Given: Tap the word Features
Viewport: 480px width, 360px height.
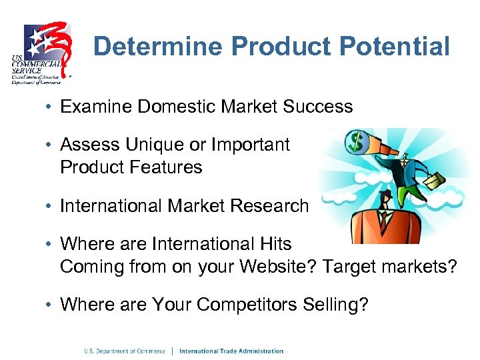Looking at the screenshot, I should (x=168, y=167).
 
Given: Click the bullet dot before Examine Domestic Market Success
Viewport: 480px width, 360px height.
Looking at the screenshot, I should (x=50, y=107).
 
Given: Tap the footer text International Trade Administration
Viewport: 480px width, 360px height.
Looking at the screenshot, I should (x=231, y=351).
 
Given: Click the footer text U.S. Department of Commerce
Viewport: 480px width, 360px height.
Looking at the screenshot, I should (x=125, y=351).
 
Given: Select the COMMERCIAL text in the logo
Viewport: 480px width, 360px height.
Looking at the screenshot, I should (x=35, y=65).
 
